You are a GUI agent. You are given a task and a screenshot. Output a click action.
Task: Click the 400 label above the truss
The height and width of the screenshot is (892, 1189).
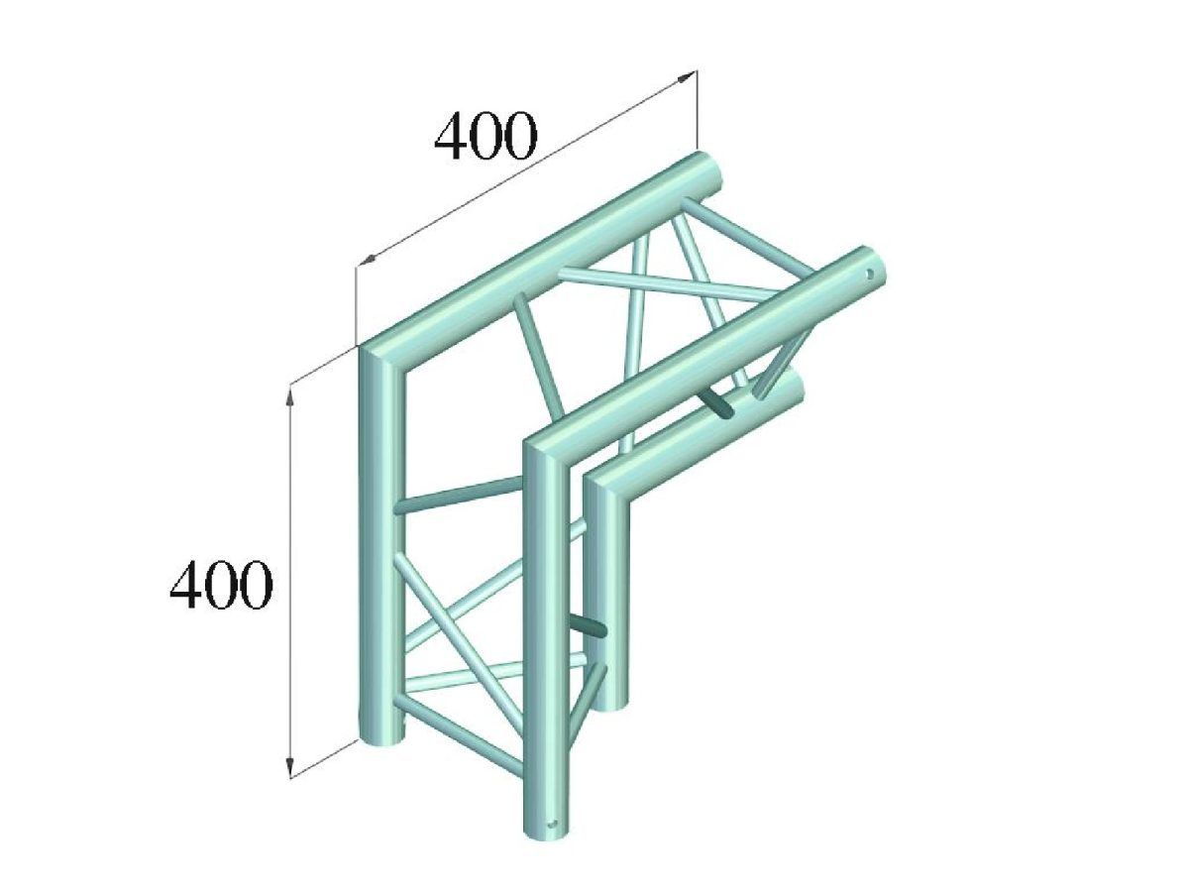tap(486, 136)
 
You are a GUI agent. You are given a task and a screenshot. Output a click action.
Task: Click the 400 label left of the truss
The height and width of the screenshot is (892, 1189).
tap(221, 585)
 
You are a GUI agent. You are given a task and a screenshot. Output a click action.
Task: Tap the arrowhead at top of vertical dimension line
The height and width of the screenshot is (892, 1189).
tap(291, 398)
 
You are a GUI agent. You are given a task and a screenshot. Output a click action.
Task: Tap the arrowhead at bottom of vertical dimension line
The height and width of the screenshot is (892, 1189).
tap(291, 766)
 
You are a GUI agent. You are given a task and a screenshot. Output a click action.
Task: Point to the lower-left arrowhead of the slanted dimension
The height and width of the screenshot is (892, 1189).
tap(367, 259)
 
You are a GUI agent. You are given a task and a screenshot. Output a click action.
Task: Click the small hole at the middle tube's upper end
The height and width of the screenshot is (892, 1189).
tap(870, 274)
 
